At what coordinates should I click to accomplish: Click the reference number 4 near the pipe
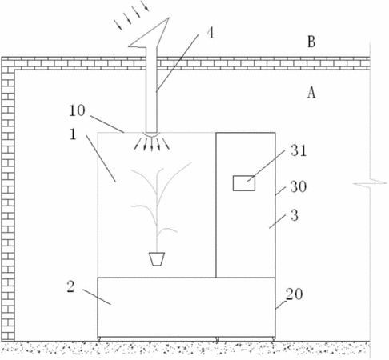(x=211, y=34)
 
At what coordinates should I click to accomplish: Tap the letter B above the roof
(x=311, y=42)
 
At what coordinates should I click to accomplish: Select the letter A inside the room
(x=311, y=93)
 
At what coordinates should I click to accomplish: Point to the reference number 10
(x=77, y=110)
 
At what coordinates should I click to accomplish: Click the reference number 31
(x=299, y=150)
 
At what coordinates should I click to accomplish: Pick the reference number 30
(x=299, y=186)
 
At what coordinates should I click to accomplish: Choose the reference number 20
(x=295, y=294)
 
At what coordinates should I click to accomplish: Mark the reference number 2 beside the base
(x=70, y=287)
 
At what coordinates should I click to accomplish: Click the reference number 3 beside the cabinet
(x=295, y=215)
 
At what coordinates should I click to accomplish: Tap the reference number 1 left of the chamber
(x=73, y=134)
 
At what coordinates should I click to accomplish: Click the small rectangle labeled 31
(x=244, y=183)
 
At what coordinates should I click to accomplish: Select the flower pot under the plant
(x=157, y=259)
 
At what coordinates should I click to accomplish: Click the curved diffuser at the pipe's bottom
(x=151, y=134)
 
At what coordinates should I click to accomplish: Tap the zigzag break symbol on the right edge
(x=370, y=183)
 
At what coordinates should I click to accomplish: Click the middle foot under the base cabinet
(x=217, y=339)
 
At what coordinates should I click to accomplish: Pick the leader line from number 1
(x=101, y=159)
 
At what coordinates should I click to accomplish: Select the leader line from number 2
(x=97, y=297)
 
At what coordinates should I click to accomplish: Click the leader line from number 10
(x=107, y=124)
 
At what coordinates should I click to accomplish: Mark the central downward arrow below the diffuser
(x=152, y=145)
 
